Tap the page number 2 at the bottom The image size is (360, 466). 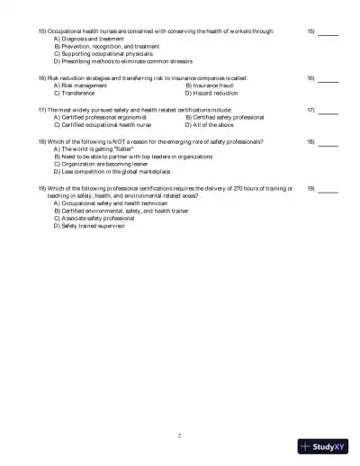[x=180, y=435]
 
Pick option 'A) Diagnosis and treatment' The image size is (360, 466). [x=88, y=40]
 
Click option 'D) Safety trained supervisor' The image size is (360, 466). [x=91, y=225]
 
